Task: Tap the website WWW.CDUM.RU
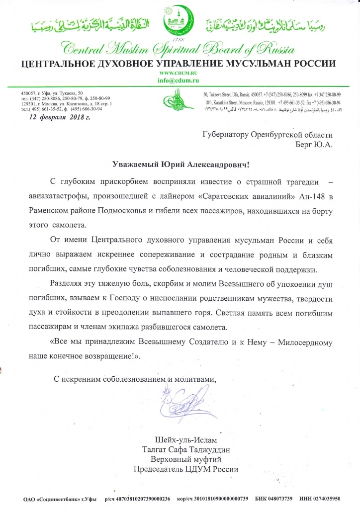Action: pos(180,74)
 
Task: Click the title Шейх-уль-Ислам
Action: pos(186,440)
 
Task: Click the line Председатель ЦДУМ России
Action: pos(186,469)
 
